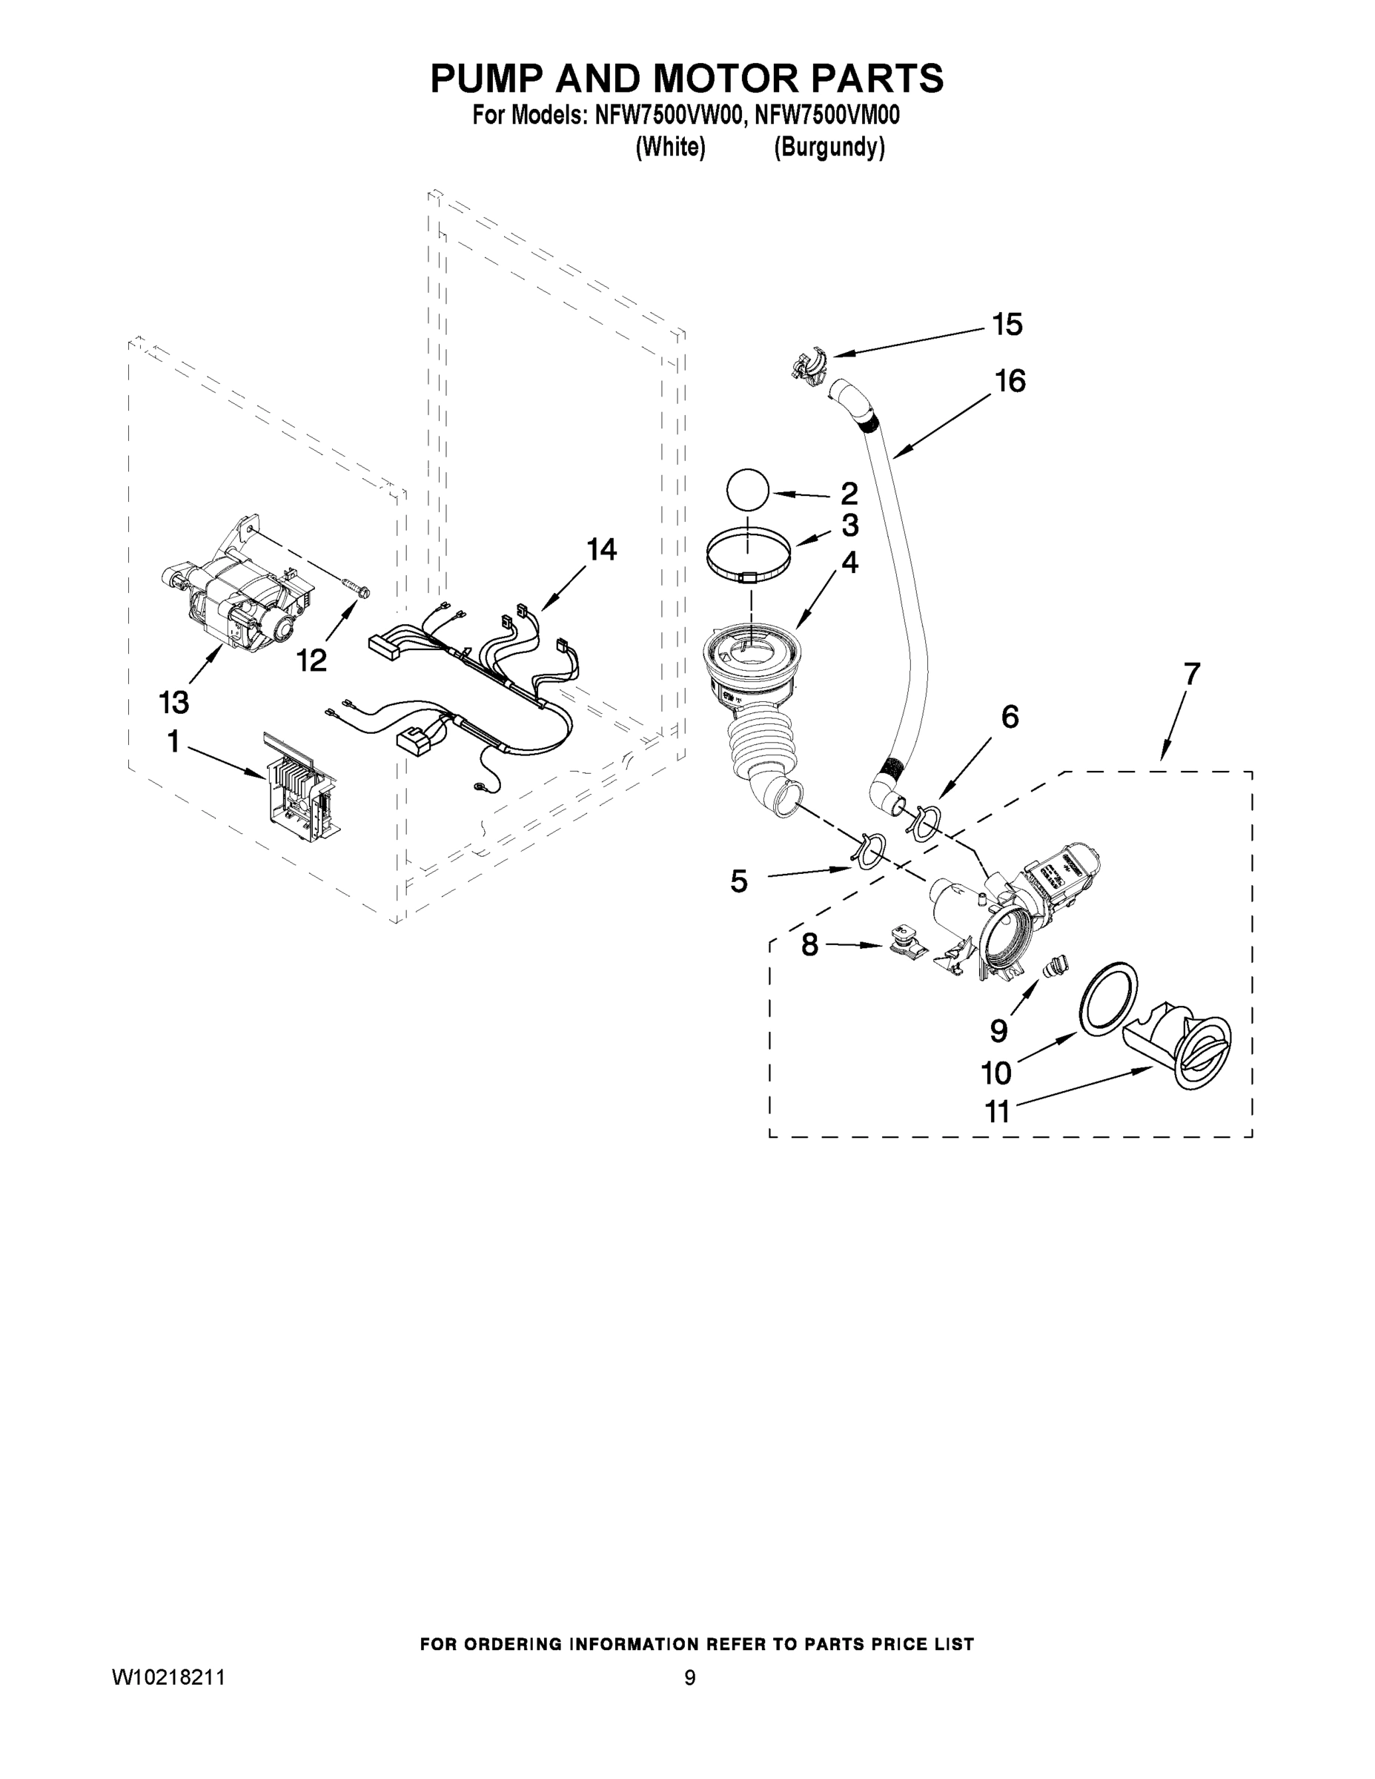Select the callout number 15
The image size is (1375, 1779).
coord(1007,324)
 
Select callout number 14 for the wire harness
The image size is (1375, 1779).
coord(601,550)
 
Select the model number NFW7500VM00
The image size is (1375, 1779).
coord(826,116)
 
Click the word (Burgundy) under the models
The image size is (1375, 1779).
coord(829,148)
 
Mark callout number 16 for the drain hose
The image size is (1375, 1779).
coord(1010,381)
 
